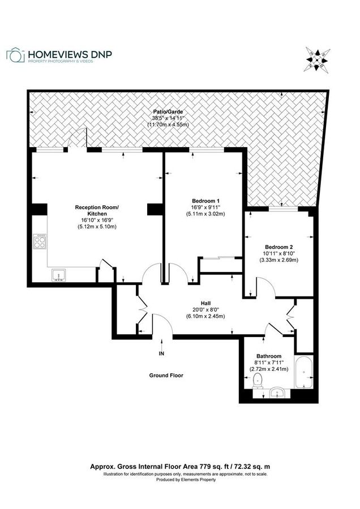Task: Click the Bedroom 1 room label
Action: coord(205,201)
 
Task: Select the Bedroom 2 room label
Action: coord(279,247)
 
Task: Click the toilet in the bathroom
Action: coord(259,380)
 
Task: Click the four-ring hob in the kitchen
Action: coord(41,242)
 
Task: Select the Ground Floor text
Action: coord(166,375)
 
